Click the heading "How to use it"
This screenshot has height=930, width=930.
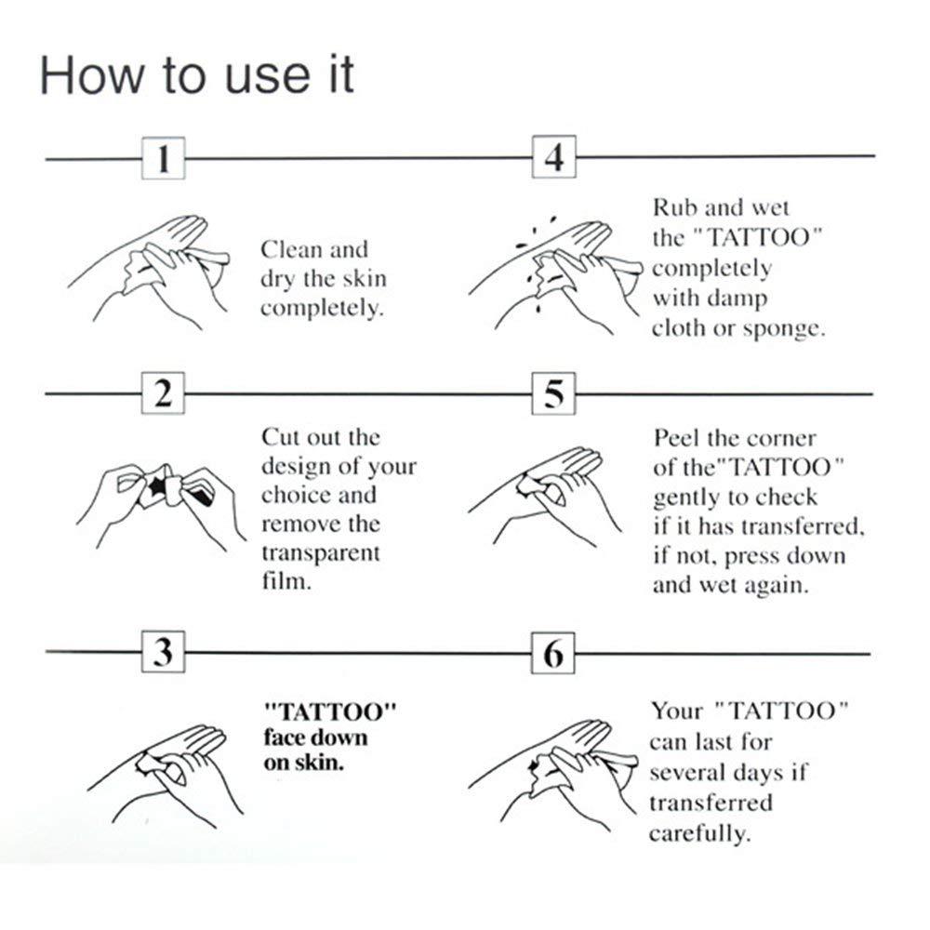click(x=196, y=74)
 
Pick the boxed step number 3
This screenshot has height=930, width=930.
click(x=163, y=653)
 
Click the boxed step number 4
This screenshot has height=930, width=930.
click(x=553, y=157)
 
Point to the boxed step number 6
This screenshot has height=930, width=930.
click(x=553, y=653)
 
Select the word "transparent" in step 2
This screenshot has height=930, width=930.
click(x=320, y=553)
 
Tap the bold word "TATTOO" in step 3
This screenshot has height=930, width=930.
click(x=331, y=711)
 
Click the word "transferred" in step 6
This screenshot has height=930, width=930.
click(x=710, y=802)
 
